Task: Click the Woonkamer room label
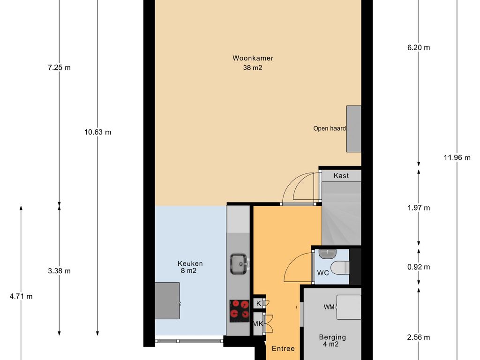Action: (x=253, y=58)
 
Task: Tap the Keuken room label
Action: (x=190, y=263)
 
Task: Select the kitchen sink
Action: (x=239, y=263)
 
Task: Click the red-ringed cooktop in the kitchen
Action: (x=240, y=311)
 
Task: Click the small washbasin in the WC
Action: (x=328, y=254)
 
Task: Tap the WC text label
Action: (x=323, y=272)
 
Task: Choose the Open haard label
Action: (x=330, y=128)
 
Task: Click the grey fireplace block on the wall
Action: (x=353, y=129)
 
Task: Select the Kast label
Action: (x=341, y=176)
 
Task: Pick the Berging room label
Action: (x=332, y=337)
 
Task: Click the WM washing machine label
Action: (x=329, y=307)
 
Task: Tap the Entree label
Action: (x=283, y=348)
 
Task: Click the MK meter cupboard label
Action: (x=258, y=323)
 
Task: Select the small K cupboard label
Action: (x=259, y=303)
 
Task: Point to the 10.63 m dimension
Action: (x=97, y=132)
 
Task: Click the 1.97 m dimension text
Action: (x=419, y=208)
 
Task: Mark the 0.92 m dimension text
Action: (x=419, y=267)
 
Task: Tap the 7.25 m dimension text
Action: (x=60, y=67)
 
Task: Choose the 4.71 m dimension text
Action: (x=21, y=296)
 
